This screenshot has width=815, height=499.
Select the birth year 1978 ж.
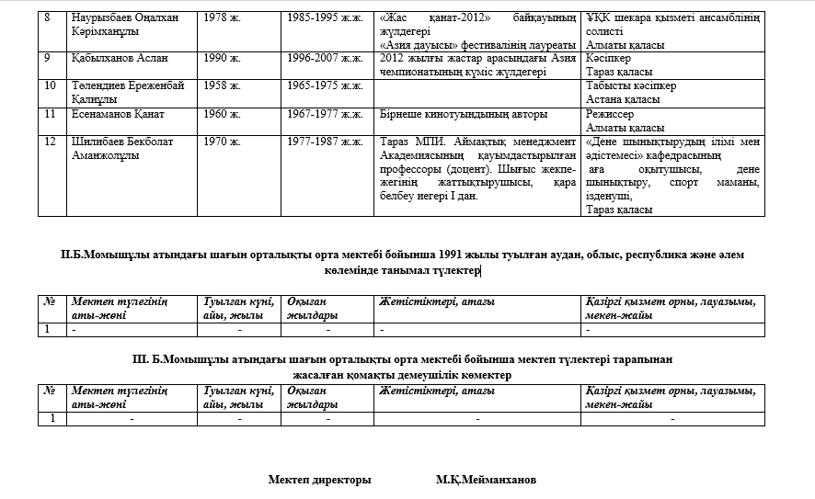coord(221,17)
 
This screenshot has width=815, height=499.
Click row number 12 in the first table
coord(51,142)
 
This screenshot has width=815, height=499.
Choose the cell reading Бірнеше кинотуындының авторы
coord(464,114)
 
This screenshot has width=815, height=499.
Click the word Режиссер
coord(609,114)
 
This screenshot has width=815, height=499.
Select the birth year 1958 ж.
coord(221,85)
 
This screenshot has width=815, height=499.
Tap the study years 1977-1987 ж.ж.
coord(325,142)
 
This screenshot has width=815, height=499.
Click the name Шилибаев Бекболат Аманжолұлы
coord(121,149)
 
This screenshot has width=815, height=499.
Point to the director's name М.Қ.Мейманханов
coord(487,480)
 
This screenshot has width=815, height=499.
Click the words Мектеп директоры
coord(319,480)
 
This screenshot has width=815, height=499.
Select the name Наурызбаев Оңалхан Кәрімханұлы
coord(125,24)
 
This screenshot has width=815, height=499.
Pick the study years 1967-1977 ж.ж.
coord(325,114)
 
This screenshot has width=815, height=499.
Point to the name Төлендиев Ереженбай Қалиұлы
coord(127,92)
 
